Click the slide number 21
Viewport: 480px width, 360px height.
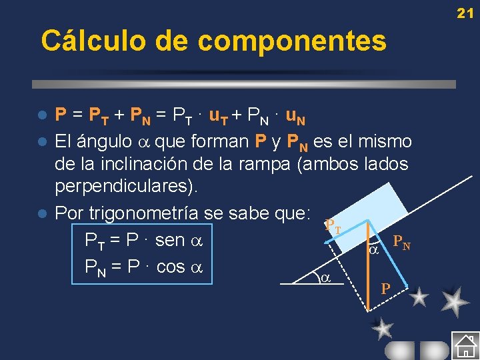point(465,13)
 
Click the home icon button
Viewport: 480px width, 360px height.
point(465,346)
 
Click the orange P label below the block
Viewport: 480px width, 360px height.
point(385,289)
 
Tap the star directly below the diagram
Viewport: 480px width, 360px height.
point(382,328)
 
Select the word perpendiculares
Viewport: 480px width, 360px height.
point(126,187)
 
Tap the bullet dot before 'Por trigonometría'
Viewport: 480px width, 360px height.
point(41,214)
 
